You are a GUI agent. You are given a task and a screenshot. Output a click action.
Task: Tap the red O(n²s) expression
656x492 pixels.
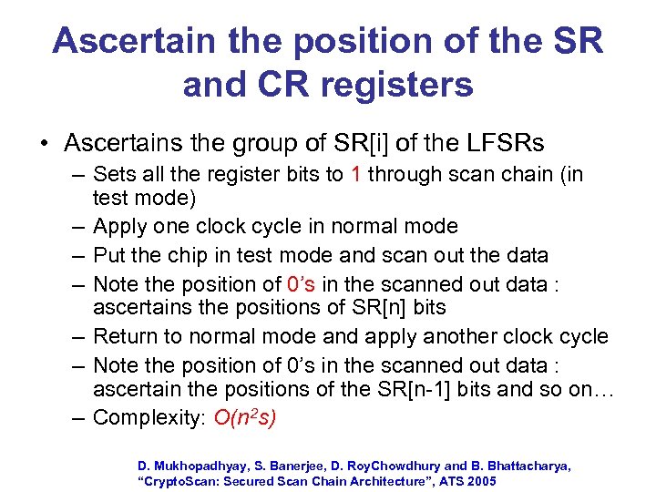point(245,417)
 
